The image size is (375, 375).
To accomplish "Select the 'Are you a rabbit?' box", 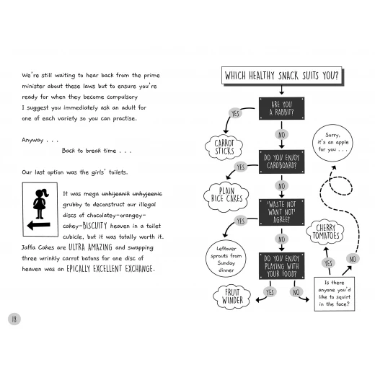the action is [x=281, y=108].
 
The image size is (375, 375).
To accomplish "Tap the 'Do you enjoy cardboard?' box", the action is [x=281, y=162].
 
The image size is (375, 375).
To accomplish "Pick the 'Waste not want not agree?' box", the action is [x=281, y=212].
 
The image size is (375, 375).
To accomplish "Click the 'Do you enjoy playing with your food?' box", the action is [x=281, y=266].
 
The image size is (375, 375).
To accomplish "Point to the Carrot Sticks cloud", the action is [x=224, y=147].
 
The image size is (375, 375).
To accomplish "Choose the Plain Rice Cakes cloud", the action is [x=226, y=197].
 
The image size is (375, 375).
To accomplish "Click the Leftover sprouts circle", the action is [x=226, y=259].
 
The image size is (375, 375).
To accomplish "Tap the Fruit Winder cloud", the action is [x=232, y=296].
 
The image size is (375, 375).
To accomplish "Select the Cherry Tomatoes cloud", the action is [x=325, y=232].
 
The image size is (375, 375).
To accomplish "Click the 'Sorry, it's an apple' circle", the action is [x=332, y=143].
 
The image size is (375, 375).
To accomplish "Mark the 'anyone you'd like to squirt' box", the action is [x=335, y=294].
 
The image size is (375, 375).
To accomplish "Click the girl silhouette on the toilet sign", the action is [x=40, y=204].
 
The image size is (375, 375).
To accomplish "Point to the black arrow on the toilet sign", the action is [x=39, y=226].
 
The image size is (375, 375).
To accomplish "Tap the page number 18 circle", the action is [x=14, y=319].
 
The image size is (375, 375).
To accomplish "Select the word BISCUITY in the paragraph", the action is [x=94, y=226].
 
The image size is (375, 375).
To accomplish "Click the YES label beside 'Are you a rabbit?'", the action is [x=235, y=113].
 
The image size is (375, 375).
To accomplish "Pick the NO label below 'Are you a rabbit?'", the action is [x=281, y=135].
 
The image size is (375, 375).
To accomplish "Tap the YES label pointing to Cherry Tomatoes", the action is [x=328, y=262].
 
